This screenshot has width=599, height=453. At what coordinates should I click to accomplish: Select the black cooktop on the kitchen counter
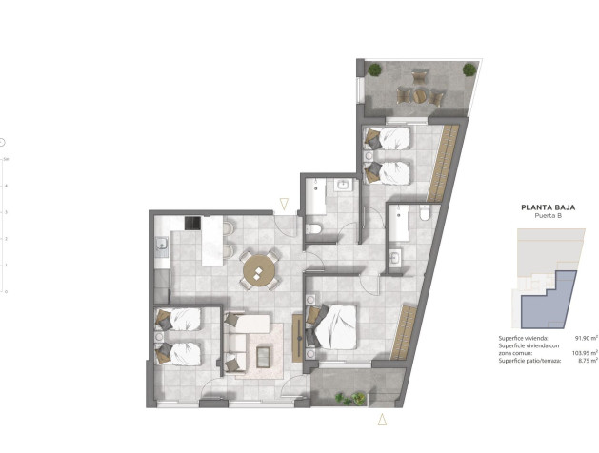coord(192,225)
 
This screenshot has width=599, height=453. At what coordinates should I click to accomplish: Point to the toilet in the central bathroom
coord(315,228)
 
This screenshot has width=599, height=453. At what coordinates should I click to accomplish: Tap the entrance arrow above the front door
coord(283,203)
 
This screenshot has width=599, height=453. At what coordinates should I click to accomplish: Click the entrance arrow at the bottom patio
coord(382,419)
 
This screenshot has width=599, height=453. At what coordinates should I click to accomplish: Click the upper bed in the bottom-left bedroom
coord(181,320)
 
